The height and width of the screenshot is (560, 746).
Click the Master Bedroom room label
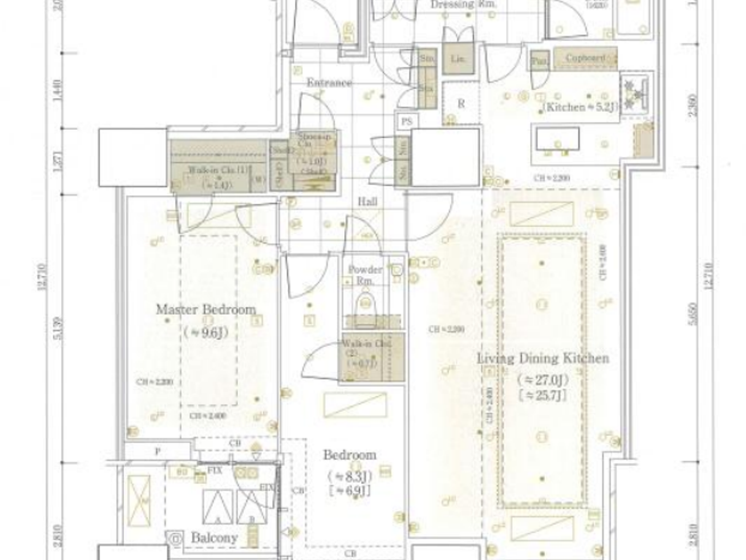pyautogui.click(x=206, y=309)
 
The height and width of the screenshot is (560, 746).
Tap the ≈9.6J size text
pyautogui.click(x=206, y=332)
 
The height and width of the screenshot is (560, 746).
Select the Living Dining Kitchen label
pyautogui.click(x=542, y=358)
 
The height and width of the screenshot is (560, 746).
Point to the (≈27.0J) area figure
pyautogui.click(x=542, y=380)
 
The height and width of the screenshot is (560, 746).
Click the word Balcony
pyautogui.click(x=214, y=538)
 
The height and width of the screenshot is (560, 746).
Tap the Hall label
pyautogui.click(x=367, y=201)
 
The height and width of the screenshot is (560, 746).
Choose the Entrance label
pyautogui.click(x=329, y=83)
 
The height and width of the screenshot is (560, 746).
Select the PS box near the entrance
pyautogui.click(x=407, y=122)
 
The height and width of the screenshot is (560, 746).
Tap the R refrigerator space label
pyautogui.click(x=461, y=103)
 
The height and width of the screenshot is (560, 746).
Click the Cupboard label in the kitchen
pyautogui.click(x=585, y=58)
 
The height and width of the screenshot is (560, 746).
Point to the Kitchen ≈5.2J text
pyautogui.click(x=580, y=107)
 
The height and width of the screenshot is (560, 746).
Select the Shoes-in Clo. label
pyautogui.click(x=314, y=140)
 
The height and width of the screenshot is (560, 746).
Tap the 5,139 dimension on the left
pyautogui.click(x=58, y=328)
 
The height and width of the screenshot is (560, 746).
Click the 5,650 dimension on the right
pyautogui.click(x=692, y=315)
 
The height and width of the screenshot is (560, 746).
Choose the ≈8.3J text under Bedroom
pyautogui.click(x=350, y=475)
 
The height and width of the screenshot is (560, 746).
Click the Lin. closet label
pyautogui.click(x=457, y=59)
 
